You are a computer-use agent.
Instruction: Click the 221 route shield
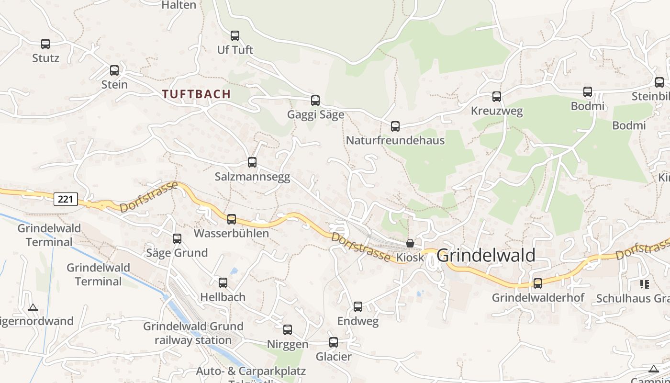click(x=66, y=199)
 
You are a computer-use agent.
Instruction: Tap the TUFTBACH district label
click(x=196, y=94)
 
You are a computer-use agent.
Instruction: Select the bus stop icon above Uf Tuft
click(x=235, y=36)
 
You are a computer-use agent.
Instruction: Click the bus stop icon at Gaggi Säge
click(x=315, y=101)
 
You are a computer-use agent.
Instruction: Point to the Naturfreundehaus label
click(x=395, y=140)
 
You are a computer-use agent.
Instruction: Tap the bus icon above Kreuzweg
click(x=497, y=97)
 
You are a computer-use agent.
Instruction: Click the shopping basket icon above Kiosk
click(x=410, y=243)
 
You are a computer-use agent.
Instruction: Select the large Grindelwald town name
click(x=486, y=255)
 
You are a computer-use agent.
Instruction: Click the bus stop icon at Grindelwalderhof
click(x=538, y=283)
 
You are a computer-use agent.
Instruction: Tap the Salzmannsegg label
click(x=252, y=177)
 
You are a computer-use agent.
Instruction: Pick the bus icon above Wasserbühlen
click(x=232, y=219)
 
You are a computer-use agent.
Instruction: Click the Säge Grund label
click(x=177, y=253)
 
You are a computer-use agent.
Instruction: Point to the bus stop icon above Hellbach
click(x=223, y=283)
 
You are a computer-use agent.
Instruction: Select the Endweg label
click(x=358, y=321)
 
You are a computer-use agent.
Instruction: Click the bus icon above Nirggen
click(x=288, y=330)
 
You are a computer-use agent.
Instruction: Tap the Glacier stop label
click(x=334, y=357)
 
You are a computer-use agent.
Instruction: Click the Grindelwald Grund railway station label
click(x=193, y=333)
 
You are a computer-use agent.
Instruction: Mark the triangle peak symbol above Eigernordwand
click(x=33, y=307)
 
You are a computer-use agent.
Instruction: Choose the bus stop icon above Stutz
click(x=45, y=44)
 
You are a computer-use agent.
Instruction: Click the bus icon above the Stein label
click(x=114, y=70)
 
